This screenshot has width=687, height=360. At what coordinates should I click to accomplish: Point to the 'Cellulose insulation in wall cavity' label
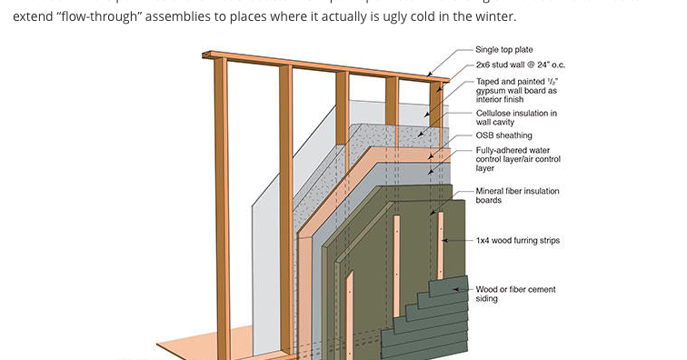tap(516, 117)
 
